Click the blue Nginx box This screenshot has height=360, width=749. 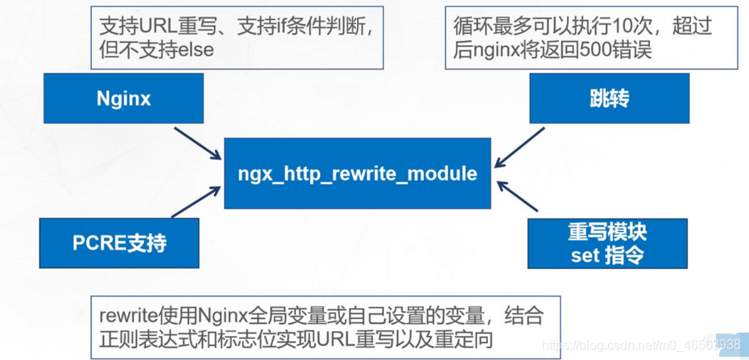(123, 98)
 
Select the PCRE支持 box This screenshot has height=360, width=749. (119, 243)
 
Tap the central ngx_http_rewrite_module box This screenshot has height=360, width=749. (358, 173)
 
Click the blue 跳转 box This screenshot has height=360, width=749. (609, 98)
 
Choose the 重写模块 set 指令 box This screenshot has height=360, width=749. (607, 243)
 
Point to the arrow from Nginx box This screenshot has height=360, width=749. (197, 143)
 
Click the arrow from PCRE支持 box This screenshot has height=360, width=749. (196, 202)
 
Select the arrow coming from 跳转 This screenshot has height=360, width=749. (519, 147)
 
